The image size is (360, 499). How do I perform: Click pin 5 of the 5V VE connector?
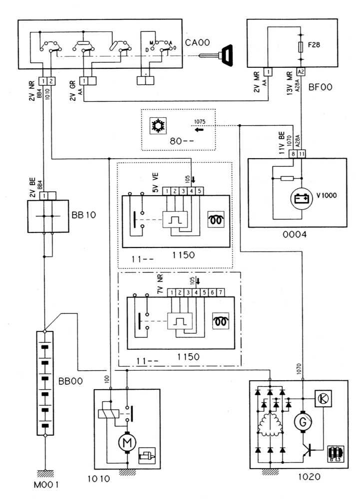pyautogui.click(x=199, y=191)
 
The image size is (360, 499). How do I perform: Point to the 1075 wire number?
pyautogui.click(x=200, y=122)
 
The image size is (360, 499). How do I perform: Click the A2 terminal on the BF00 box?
pyautogui.click(x=301, y=71)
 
